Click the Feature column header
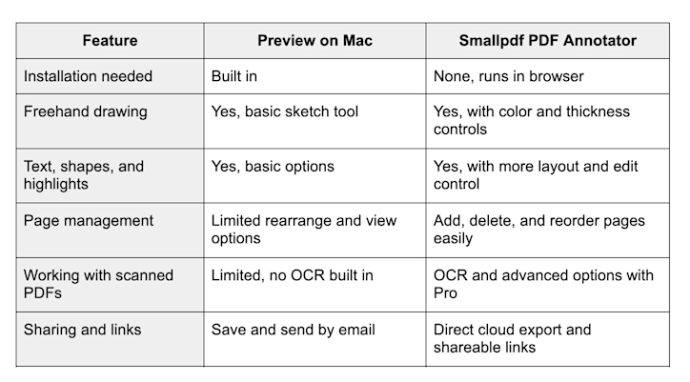pyautogui.click(x=110, y=41)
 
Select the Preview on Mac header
pyautogui.click(x=315, y=41)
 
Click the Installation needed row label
pyautogui.click(x=89, y=75)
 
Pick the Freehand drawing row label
pyautogui.click(x=86, y=111)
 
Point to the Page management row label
pyautogui.click(x=89, y=221)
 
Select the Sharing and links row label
pyautogui.click(x=83, y=330)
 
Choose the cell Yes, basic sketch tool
pyautogui.click(x=285, y=111)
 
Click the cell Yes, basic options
pyautogui.click(x=273, y=166)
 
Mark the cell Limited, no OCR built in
pyautogui.click(x=292, y=275)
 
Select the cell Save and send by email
pyautogui.click(x=294, y=330)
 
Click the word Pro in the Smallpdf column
pyautogui.click(x=445, y=293)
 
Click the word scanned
pyautogui.click(x=144, y=275)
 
